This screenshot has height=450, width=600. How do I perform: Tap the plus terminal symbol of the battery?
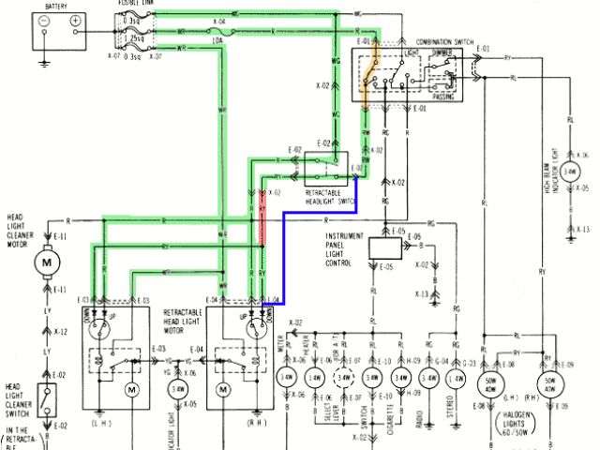coord(74,20)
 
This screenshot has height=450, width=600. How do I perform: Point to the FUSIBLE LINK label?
coord(134,4)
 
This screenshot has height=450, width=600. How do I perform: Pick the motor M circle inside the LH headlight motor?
coord(132,388)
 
